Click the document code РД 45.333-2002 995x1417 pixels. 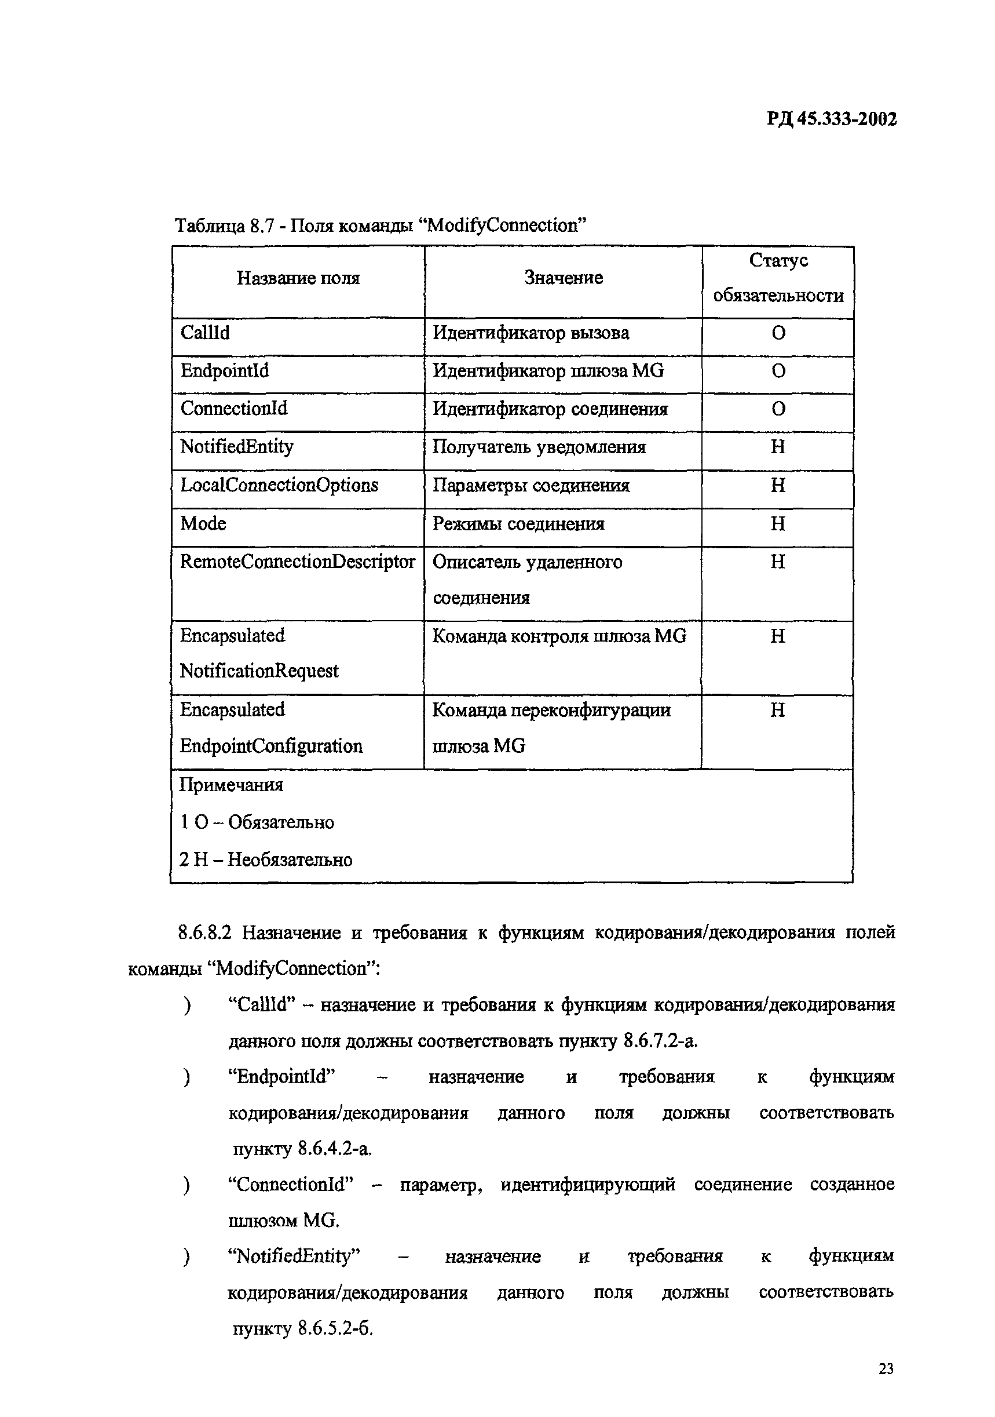[831, 119]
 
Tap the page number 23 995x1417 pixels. [886, 1368]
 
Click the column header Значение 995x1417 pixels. [562, 278]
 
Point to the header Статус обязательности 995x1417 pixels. [778, 278]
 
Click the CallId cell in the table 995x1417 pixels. [205, 333]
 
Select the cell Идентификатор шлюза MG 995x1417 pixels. [548, 371]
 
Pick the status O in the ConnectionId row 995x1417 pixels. [778, 409]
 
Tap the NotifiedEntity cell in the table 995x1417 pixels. [236, 447]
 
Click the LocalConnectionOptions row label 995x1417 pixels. [279, 485]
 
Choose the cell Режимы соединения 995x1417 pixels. [518, 524]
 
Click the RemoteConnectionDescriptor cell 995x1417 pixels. [297, 562]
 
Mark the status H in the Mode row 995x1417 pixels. [777, 524]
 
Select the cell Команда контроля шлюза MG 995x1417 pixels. [559, 636]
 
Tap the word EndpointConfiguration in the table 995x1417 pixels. [271, 746]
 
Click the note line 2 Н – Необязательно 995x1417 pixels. [265, 859]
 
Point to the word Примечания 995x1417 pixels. [231, 785]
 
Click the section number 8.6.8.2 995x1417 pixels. [204, 932]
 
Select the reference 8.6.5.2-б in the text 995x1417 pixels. [335, 1328]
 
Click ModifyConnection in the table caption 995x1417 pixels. [502, 226]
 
